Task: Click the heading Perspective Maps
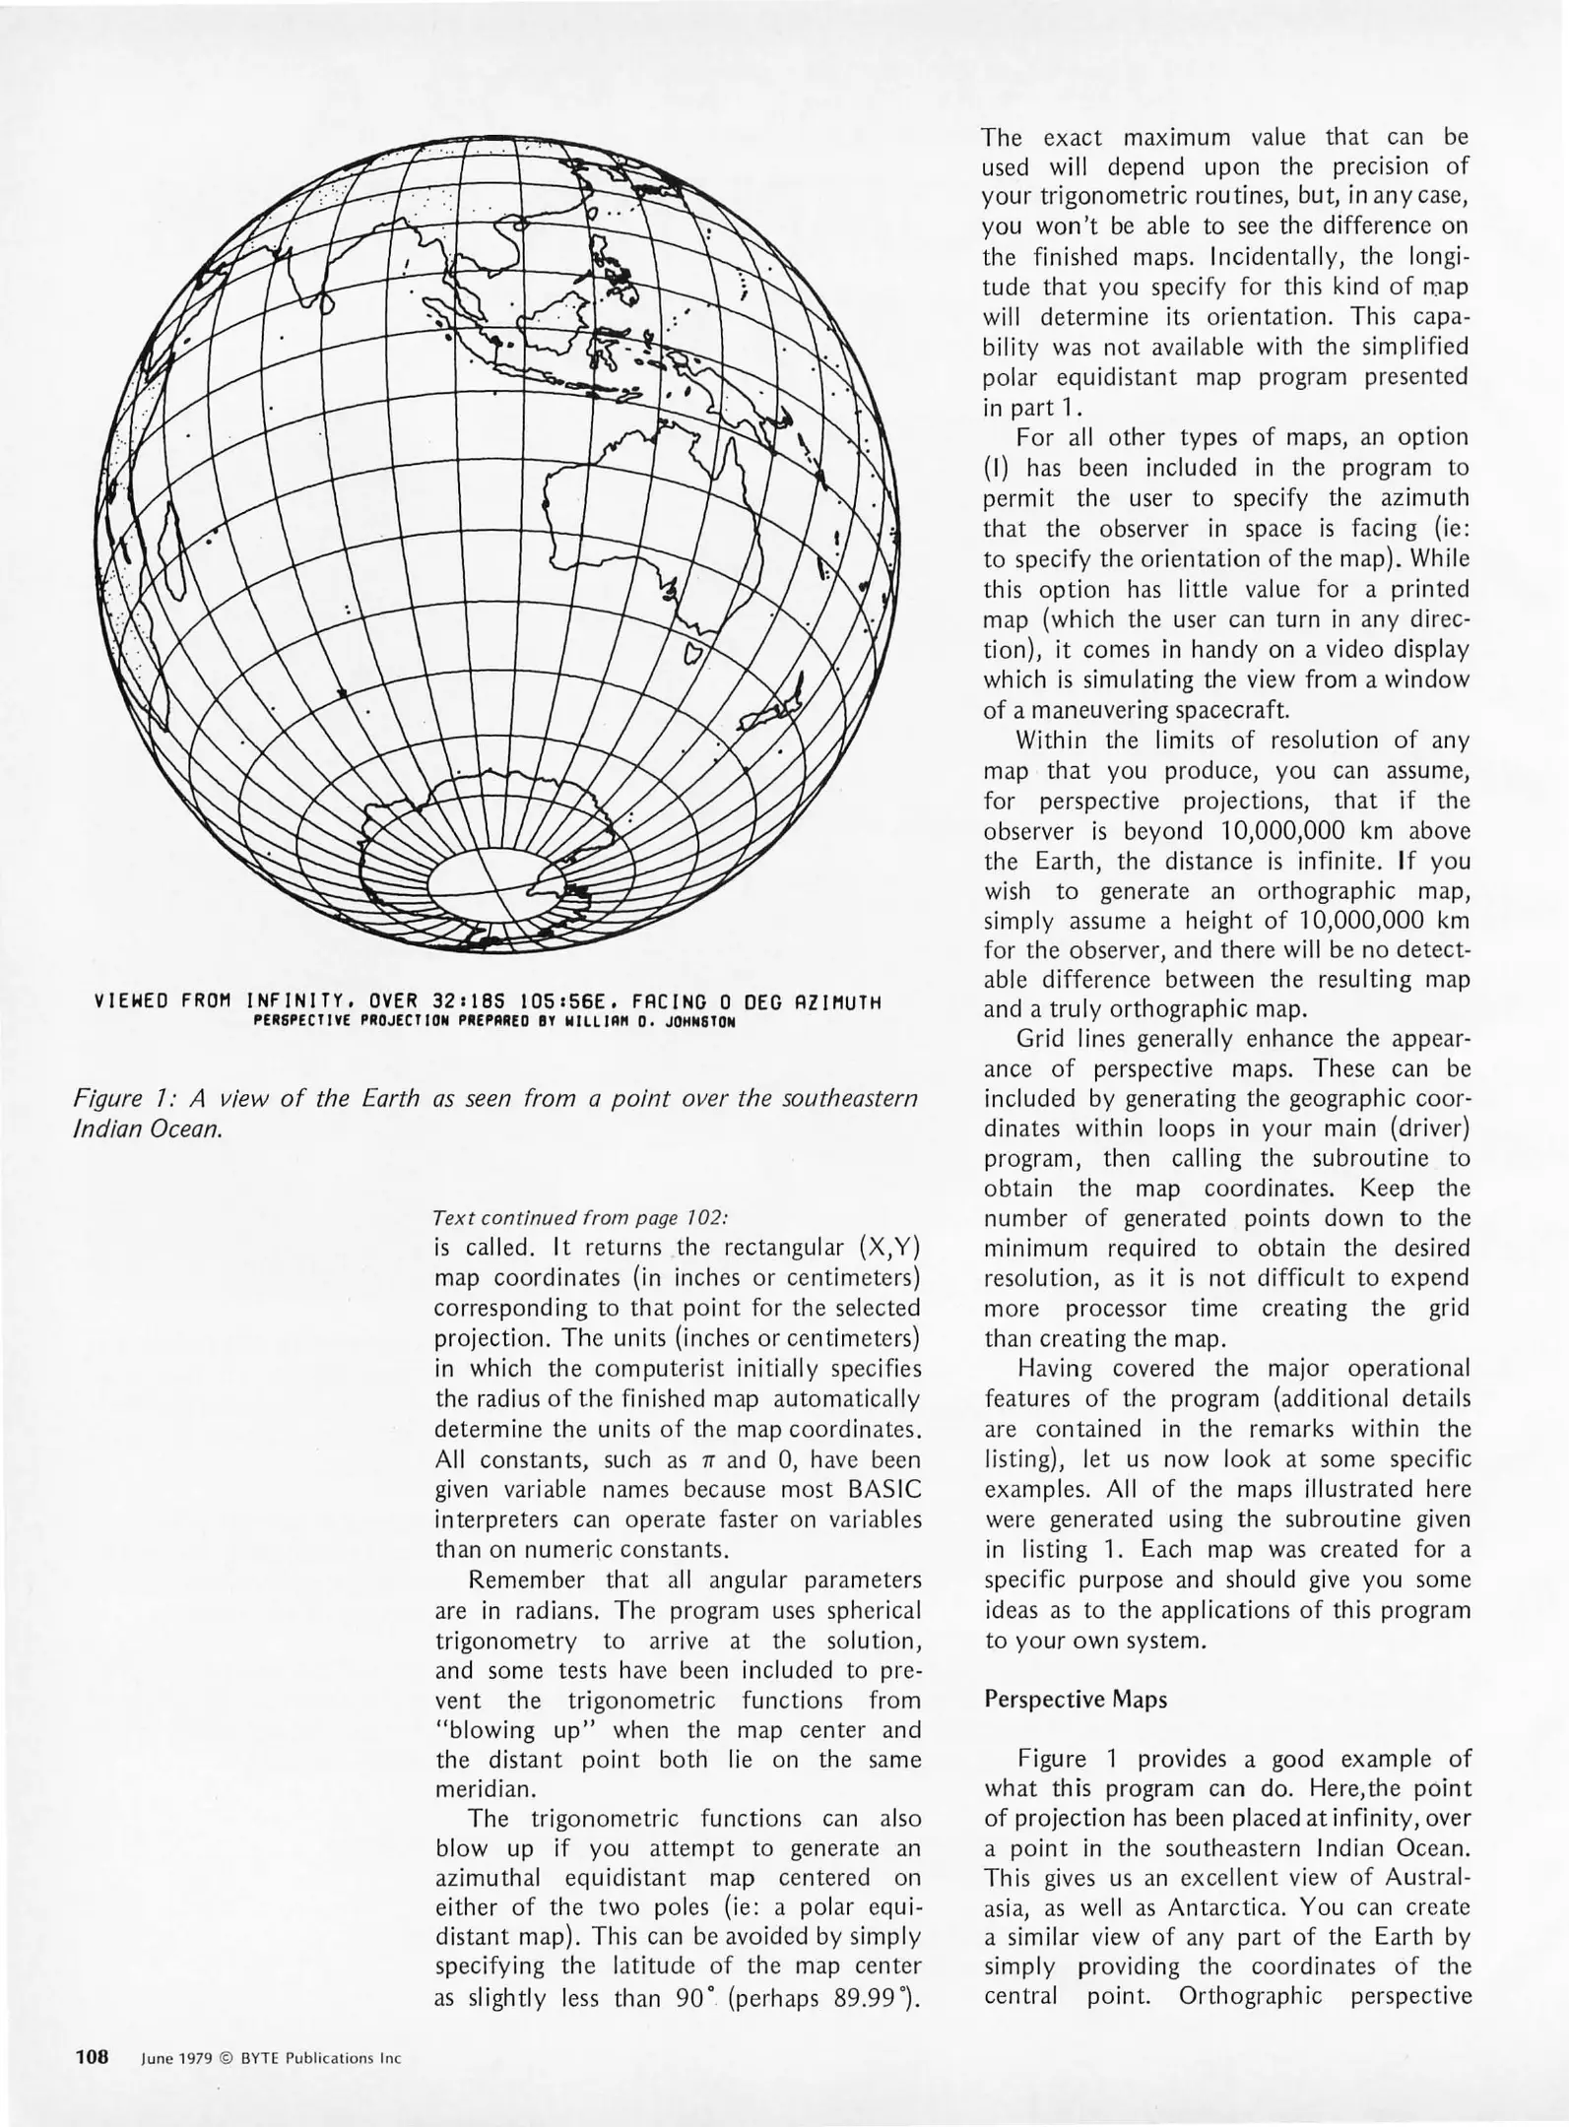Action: [1076, 1701]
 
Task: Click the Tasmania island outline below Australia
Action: [693, 655]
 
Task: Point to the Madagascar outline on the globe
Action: [173, 556]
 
